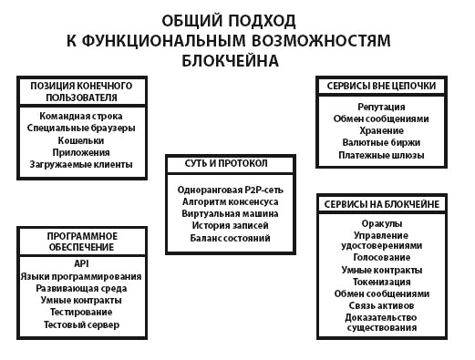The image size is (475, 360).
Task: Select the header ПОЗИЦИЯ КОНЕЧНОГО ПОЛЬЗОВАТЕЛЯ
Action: point(88,91)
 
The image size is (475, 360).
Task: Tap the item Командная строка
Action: point(88,117)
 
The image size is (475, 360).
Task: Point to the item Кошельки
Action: point(88,140)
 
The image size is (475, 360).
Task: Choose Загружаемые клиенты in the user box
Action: point(88,165)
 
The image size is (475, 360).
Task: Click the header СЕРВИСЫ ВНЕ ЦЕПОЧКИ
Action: point(381,87)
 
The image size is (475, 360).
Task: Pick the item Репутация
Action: point(381,107)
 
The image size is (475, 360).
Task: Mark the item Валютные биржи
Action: point(381,143)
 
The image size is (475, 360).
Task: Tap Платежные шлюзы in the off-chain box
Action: point(381,155)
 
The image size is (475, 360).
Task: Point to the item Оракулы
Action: point(382,223)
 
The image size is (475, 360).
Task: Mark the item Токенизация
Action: point(382,283)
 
